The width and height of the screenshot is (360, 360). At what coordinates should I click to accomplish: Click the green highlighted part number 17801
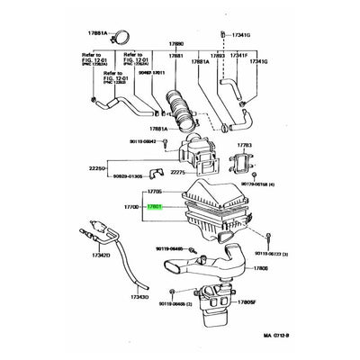(155, 206)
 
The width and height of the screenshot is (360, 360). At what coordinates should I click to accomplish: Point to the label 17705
(155, 192)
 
